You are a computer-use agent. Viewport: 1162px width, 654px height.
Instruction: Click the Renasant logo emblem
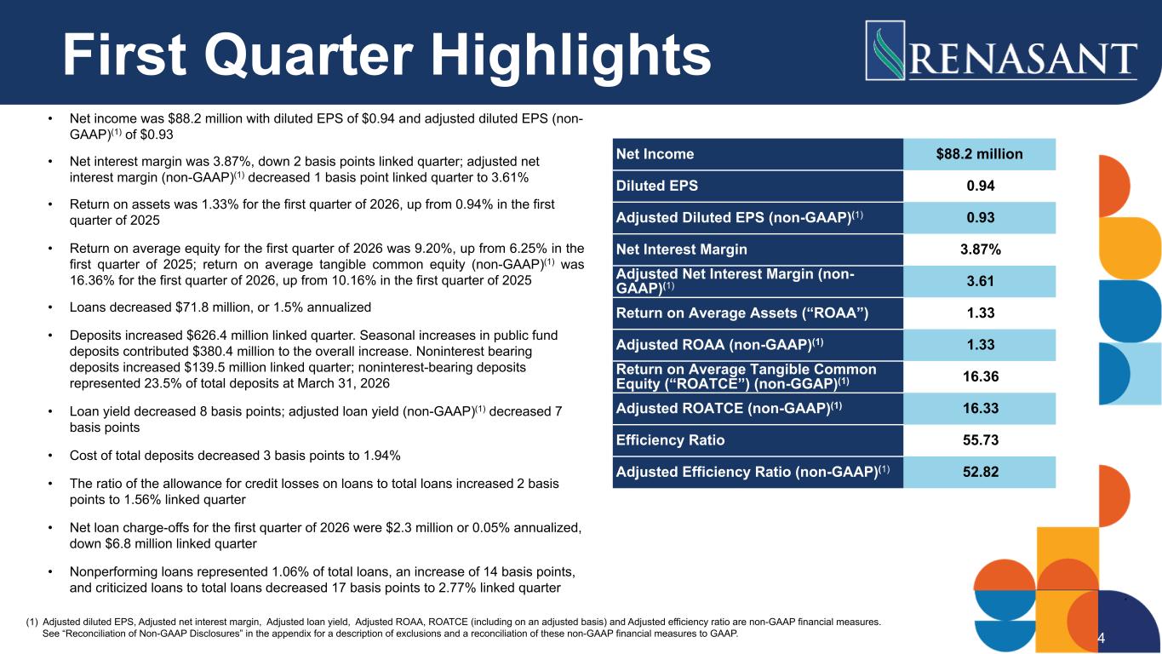click(x=885, y=50)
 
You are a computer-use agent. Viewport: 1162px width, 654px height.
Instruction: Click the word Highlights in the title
click(x=571, y=55)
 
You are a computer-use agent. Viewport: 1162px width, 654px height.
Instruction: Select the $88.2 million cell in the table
click(x=979, y=154)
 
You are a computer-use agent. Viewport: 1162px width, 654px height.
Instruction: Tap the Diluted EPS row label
click(x=656, y=186)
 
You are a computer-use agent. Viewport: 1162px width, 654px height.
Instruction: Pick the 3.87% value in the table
click(x=981, y=250)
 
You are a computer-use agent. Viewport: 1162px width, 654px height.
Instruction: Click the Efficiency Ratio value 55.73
click(x=981, y=440)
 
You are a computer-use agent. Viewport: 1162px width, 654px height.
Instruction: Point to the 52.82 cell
click(x=981, y=472)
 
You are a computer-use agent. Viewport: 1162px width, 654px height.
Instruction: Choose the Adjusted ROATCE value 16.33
click(x=981, y=409)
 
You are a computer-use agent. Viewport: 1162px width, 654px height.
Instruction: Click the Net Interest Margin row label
click(x=682, y=250)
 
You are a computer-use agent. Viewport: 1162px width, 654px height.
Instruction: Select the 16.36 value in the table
click(x=981, y=376)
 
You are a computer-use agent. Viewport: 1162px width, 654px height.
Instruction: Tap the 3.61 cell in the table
click(x=981, y=281)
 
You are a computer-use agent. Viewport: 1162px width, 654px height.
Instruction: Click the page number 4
click(x=1102, y=638)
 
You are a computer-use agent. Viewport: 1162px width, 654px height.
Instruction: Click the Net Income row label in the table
click(x=655, y=154)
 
